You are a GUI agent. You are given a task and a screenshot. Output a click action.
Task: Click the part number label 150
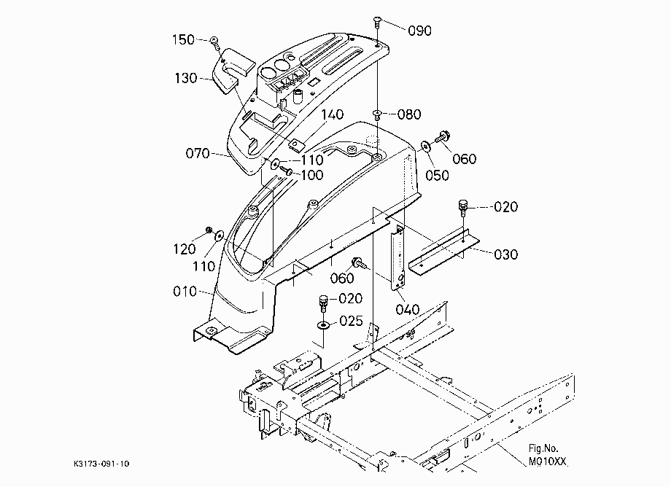click(x=183, y=40)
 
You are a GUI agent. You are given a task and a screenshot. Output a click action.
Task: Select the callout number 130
click(x=186, y=78)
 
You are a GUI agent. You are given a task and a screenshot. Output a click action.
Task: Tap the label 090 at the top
click(x=419, y=31)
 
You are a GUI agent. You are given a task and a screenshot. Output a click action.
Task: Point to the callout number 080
click(x=409, y=114)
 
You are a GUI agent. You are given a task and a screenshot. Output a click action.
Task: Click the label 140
click(x=333, y=114)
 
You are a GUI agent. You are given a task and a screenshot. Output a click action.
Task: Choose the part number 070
click(x=197, y=153)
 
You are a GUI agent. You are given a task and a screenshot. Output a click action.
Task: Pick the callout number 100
click(x=312, y=175)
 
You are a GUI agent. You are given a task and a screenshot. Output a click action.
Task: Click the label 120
click(x=185, y=249)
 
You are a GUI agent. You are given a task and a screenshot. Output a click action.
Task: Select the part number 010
click(x=185, y=292)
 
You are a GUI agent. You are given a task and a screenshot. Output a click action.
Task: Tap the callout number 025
click(x=351, y=321)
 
